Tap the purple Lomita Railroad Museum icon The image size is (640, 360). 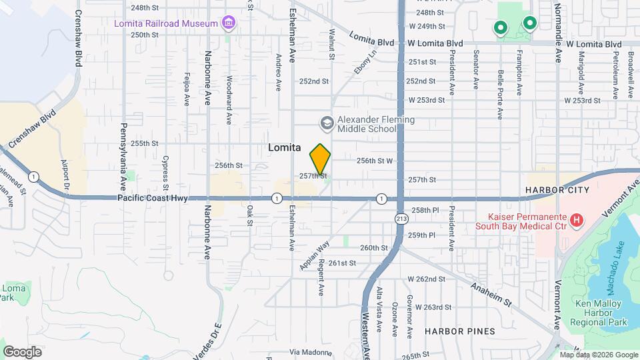pos(229,24)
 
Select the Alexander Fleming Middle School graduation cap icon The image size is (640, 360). pos(327,123)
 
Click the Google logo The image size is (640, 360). pos(23,351)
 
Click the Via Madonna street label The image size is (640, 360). pos(310,351)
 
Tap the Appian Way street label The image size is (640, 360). pos(315,256)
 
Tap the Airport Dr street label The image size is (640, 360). pos(65,175)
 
